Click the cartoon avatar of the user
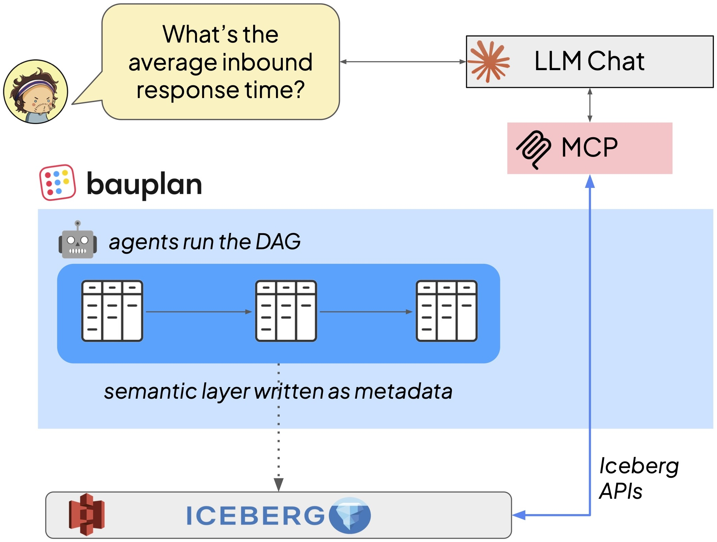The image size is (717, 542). click(35, 92)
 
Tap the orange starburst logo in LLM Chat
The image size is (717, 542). click(489, 62)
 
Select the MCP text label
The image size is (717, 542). click(589, 147)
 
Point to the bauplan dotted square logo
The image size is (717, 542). click(58, 182)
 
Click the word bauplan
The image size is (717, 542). click(144, 185)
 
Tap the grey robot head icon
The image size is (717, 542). click(78, 240)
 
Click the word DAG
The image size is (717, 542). click(278, 241)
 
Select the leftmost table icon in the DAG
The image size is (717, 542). click(112, 311)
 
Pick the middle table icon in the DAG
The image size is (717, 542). click(286, 311)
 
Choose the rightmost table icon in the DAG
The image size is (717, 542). click(446, 311)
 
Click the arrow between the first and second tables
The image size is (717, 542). click(199, 312)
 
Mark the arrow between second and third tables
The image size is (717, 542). click(366, 312)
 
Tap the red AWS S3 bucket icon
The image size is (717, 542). click(86, 514)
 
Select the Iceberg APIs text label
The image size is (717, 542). click(638, 478)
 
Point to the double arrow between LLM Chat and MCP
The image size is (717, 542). click(590, 105)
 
